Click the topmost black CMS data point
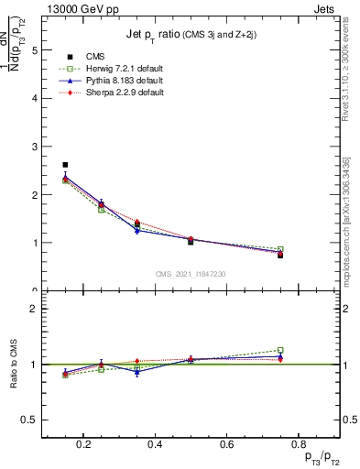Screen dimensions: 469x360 (65, 165)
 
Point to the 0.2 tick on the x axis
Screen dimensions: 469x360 (83, 444)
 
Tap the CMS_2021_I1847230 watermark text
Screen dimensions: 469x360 (191, 274)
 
